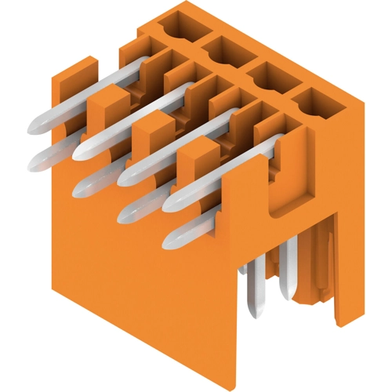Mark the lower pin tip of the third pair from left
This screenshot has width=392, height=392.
click(129, 212)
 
